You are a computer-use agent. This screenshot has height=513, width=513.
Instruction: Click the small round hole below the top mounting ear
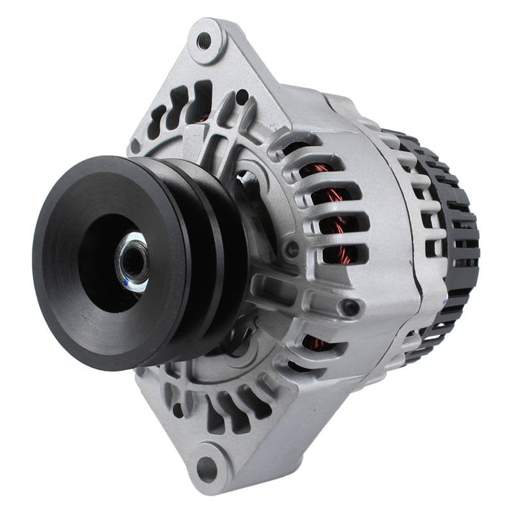tap(242, 97)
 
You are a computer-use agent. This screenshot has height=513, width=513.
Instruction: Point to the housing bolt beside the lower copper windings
tap(351, 308)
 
